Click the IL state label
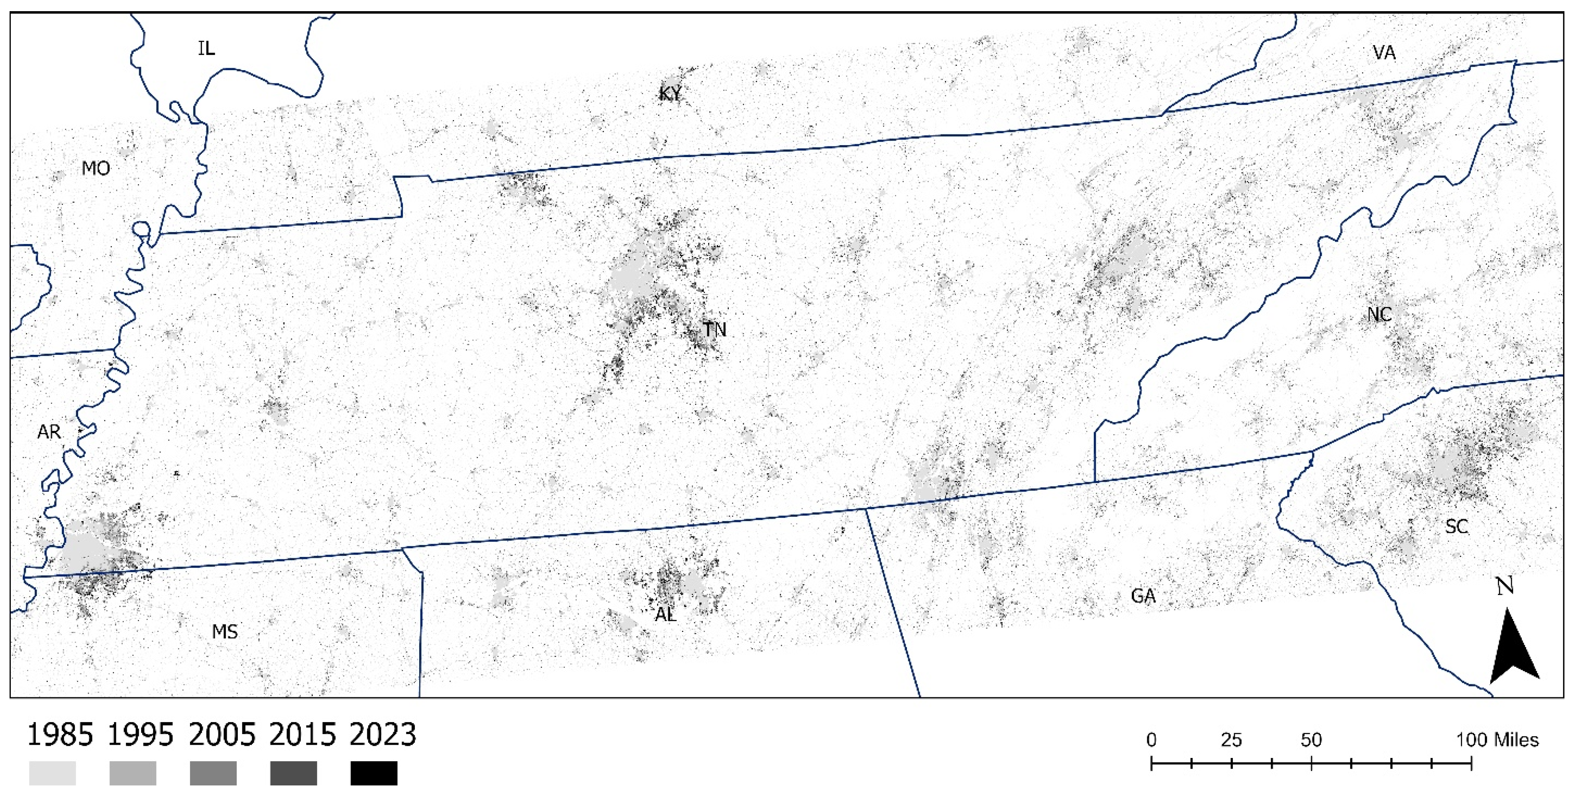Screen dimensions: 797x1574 206,48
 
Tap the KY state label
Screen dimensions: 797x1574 670,94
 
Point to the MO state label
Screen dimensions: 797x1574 96,168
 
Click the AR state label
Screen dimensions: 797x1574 49,432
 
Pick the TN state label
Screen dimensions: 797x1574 714,330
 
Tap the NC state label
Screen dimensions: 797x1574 1379,315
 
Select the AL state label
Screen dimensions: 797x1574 665,615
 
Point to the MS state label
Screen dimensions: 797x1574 224,632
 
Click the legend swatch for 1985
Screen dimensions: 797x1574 53,773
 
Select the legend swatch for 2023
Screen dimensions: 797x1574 374,773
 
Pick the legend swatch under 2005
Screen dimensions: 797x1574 213,773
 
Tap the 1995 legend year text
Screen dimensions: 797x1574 141,735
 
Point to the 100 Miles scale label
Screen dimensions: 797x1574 1497,740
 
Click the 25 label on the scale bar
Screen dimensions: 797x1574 1231,740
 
